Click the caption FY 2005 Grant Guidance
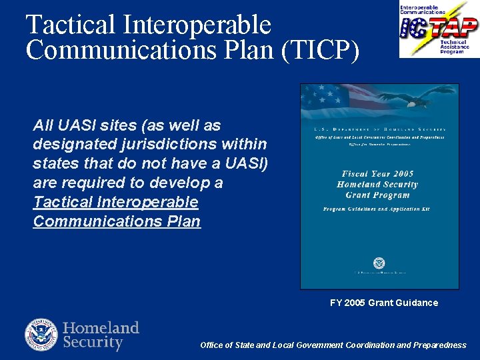(x=384, y=303)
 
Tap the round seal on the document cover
(x=379, y=263)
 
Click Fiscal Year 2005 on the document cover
(x=378, y=174)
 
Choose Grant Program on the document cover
(x=377, y=195)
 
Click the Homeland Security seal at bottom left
(x=41, y=335)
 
